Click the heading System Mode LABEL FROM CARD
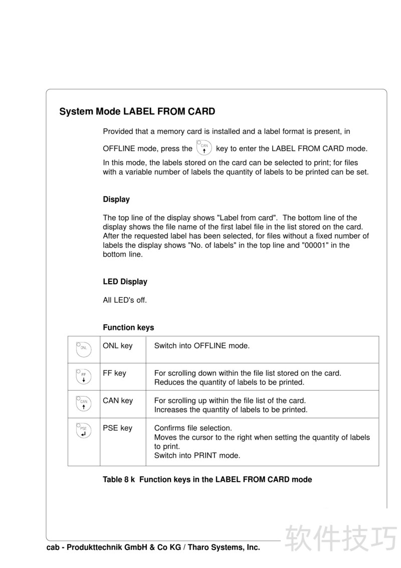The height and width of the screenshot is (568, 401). (137, 111)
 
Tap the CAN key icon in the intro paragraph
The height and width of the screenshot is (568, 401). (204, 148)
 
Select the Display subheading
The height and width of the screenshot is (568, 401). (116, 200)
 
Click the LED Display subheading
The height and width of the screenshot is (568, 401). (125, 282)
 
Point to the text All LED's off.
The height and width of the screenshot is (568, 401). (125, 300)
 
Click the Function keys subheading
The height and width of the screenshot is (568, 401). (128, 327)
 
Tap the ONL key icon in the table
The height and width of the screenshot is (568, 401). (84, 349)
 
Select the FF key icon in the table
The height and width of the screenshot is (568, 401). (84, 376)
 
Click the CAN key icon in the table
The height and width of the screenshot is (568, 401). (84, 404)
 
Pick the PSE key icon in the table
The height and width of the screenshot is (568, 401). (84, 431)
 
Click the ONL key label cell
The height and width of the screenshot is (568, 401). (118, 346)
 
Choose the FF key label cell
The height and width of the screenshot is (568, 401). (115, 373)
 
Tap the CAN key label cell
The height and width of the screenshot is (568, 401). (118, 401)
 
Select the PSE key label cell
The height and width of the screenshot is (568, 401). (118, 428)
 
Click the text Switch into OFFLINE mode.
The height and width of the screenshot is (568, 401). (202, 346)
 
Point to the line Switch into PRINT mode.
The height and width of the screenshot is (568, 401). (197, 456)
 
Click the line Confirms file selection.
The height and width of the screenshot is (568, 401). (193, 428)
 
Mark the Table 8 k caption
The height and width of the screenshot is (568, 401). (207, 480)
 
